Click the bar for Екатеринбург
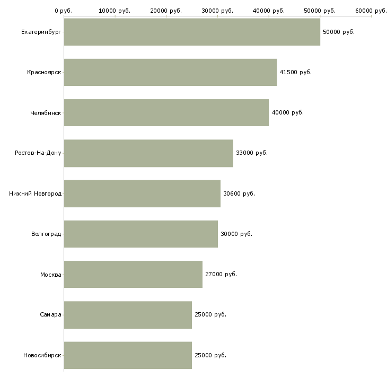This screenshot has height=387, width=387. pos(192,32)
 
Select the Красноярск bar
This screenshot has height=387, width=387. pos(170,72)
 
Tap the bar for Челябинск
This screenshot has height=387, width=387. pos(166,112)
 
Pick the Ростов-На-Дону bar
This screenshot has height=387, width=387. pos(148,153)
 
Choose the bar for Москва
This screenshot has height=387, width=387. pos(133,274)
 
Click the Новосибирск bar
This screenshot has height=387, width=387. pos(128,355)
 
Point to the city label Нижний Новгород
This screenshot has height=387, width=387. pos(35,193)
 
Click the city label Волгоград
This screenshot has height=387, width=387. pos(46,234)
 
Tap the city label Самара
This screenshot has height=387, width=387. pos(50,314)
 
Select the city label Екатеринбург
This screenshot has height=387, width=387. pos(41,32)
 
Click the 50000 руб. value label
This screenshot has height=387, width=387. pos(339,32)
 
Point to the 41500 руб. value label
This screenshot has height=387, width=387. pos(295,72)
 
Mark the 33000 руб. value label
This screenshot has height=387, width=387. pos(252,153)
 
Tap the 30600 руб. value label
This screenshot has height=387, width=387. pos(239,193)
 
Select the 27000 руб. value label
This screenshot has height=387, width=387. pos(221,274)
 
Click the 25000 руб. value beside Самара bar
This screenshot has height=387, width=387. pos(210,314)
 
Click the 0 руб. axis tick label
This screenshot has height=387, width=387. pos(63,10)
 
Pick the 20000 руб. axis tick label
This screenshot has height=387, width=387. pos(166,10)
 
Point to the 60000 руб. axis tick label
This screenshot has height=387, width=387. pos(371,10)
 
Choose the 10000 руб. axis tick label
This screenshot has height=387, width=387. pos(115,10)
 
